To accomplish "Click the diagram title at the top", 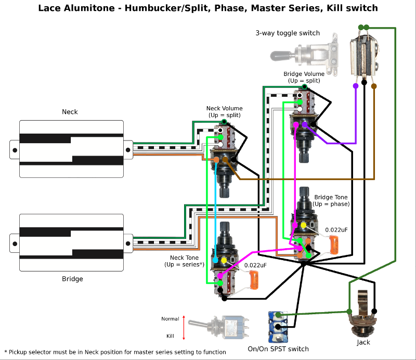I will [x=208, y=8].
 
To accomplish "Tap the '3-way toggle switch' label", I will [x=288, y=33].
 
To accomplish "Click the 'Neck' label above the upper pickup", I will [x=70, y=112].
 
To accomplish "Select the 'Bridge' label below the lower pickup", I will [x=72, y=279].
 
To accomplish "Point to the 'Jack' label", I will [x=363, y=342].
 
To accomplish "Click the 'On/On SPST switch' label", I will [x=279, y=349].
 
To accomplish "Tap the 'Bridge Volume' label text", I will [x=304, y=74].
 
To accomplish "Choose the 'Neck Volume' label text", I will [x=224, y=109].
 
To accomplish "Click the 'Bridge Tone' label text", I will [x=331, y=198].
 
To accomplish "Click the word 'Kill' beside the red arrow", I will [x=171, y=336].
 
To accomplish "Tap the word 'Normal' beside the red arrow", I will [x=170, y=319].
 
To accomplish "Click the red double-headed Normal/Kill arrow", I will [x=184, y=327].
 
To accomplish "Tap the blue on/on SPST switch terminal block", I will [x=276, y=325].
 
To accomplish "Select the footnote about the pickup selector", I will [x=115, y=352].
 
